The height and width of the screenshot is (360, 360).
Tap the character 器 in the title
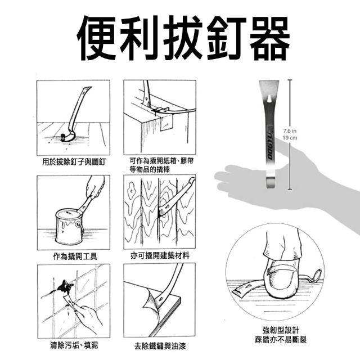270,38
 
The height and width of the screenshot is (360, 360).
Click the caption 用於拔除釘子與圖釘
74,162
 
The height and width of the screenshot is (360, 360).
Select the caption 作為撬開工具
75,256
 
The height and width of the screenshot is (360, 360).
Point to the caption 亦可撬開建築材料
160,255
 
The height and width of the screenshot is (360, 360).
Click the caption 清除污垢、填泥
74,345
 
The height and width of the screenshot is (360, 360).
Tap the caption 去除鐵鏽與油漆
160,346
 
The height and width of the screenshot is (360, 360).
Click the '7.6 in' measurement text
290,131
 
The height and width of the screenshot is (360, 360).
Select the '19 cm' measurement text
290,138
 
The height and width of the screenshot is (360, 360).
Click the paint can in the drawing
69,226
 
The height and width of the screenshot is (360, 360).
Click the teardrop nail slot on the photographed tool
269,98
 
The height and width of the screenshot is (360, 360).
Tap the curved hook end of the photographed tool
272,183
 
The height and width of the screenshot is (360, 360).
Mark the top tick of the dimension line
290,80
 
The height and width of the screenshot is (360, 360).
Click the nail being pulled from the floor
62,137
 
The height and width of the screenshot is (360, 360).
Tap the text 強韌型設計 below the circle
281,330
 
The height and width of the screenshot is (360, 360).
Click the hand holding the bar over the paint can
95,187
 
